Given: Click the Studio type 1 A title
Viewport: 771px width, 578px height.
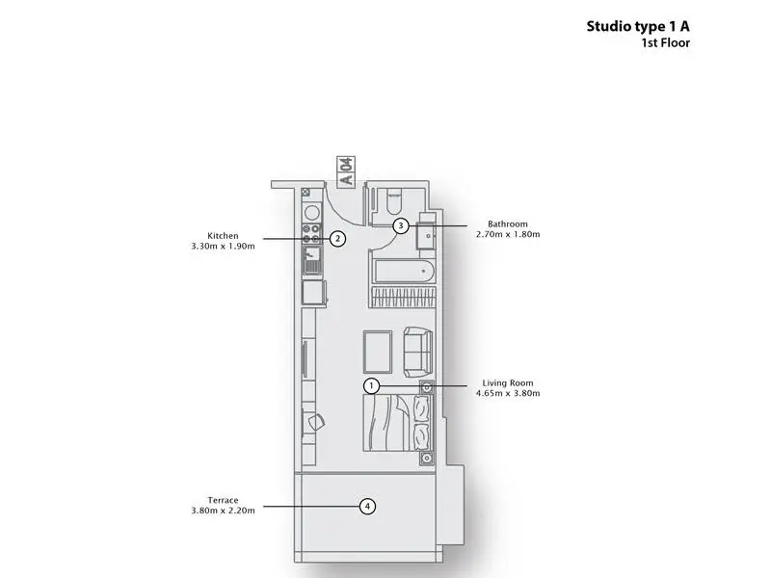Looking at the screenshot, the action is click(x=638, y=27).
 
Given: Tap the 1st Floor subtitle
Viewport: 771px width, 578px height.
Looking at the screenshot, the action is click(x=665, y=42).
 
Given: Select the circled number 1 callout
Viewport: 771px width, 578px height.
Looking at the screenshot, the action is click(x=371, y=386).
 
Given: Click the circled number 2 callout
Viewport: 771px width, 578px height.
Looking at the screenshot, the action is click(x=337, y=239).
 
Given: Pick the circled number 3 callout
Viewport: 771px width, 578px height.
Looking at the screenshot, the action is click(x=401, y=226).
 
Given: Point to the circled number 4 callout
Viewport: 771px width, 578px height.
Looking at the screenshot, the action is click(x=367, y=507).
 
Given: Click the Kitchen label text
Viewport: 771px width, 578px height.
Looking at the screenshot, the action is click(x=223, y=236).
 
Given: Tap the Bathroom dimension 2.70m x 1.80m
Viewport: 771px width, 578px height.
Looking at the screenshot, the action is click(x=508, y=234).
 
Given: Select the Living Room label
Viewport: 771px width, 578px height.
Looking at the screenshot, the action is click(x=508, y=382).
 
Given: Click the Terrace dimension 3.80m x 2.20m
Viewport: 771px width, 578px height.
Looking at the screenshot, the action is click(x=223, y=511).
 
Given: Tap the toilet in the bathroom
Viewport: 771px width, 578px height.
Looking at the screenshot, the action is click(x=394, y=201).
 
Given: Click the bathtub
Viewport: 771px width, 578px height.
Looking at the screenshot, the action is click(x=404, y=272).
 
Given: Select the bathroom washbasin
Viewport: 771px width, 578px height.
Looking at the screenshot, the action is click(x=426, y=235).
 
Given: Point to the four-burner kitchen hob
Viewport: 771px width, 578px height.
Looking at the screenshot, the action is click(x=311, y=234).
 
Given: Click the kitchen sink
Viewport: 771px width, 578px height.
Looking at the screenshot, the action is click(x=311, y=260).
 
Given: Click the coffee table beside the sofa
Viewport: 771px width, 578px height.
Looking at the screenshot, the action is click(x=378, y=352).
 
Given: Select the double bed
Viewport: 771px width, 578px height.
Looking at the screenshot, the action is click(x=397, y=423).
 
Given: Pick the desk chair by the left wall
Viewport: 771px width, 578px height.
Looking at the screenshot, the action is click(x=316, y=422).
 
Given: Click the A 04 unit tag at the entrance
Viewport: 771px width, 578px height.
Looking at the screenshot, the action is click(x=346, y=171).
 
